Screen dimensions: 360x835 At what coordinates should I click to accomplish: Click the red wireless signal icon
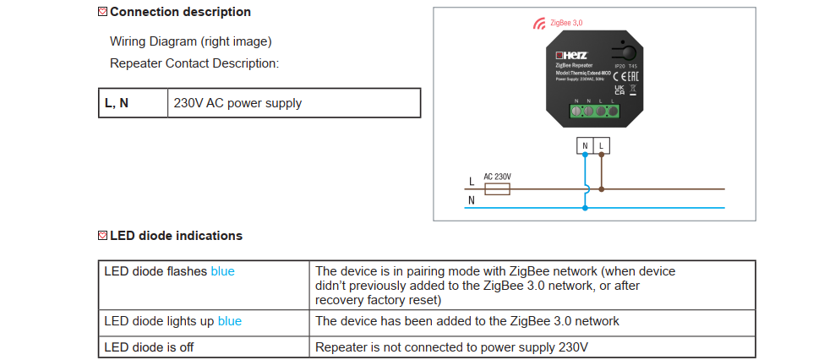(x=538, y=24)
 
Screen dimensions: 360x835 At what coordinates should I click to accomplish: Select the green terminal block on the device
(x=595, y=109)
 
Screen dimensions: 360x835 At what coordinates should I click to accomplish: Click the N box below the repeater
(x=585, y=145)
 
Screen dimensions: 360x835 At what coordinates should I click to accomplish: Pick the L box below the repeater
(x=601, y=145)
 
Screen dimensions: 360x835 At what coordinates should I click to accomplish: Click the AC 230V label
(x=497, y=177)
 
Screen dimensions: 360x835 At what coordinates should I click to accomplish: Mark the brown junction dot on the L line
(x=601, y=188)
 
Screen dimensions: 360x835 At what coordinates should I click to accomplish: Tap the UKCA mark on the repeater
(x=619, y=89)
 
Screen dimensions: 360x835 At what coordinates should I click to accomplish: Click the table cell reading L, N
(x=133, y=103)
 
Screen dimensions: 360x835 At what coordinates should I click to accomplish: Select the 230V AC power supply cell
(x=293, y=103)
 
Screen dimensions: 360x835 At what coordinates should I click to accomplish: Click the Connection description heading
(x=180, y=12)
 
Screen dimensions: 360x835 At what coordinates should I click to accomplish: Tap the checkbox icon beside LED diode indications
(x=103, y=236)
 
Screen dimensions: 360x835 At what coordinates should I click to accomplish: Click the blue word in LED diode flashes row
(x=222, y=271)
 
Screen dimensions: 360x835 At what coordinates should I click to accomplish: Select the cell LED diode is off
(x=203, y=346)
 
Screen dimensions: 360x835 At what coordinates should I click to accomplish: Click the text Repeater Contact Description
(x=194, y=63)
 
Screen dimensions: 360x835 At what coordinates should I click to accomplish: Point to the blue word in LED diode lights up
(x=230, y=321)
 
